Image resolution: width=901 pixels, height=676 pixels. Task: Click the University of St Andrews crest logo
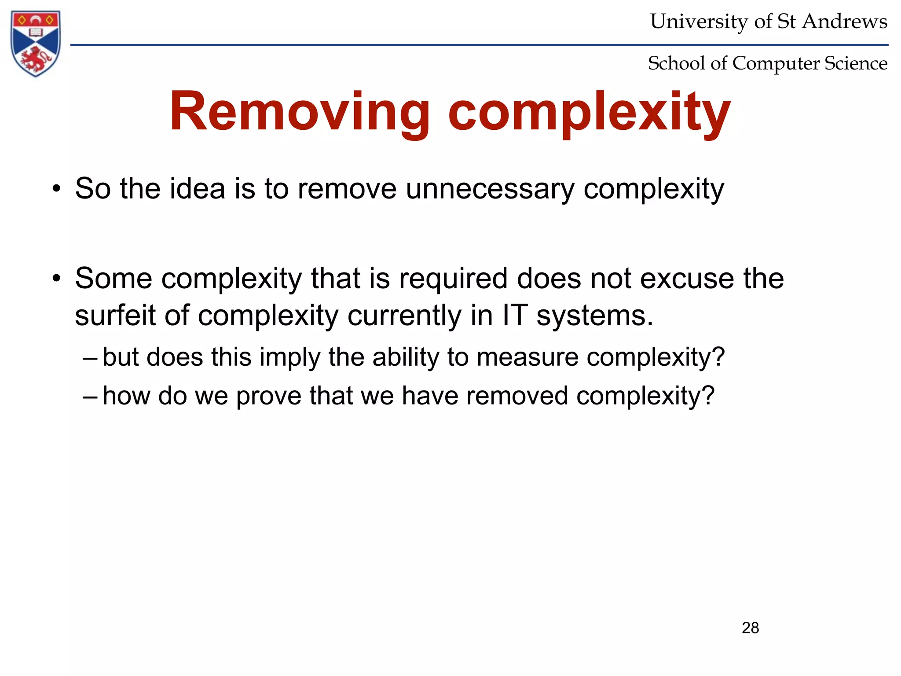point(36,43)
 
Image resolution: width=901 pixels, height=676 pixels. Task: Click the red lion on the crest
point(36,59)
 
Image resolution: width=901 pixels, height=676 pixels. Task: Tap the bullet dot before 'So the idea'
point(56,190)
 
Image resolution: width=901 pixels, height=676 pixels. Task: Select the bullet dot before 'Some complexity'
point(56,279)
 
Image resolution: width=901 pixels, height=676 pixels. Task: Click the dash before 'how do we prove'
point(90,396)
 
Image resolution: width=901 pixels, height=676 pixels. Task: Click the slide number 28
point(750,628)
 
